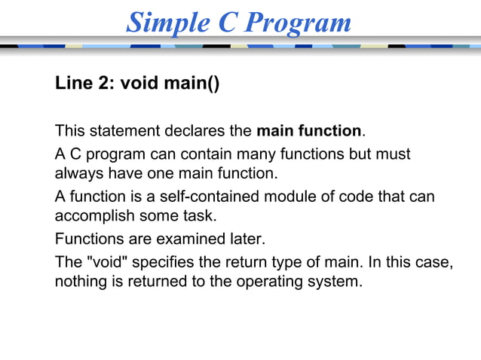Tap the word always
[x=78, y=174]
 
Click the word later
[x=244, y=240]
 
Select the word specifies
[x=154, y=264]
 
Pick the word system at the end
[x=337, y=283]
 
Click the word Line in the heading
[x=72, y=82]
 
